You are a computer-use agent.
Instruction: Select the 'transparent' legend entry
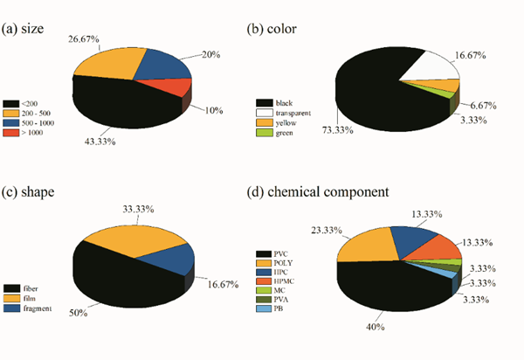click(x=285, y=114)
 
